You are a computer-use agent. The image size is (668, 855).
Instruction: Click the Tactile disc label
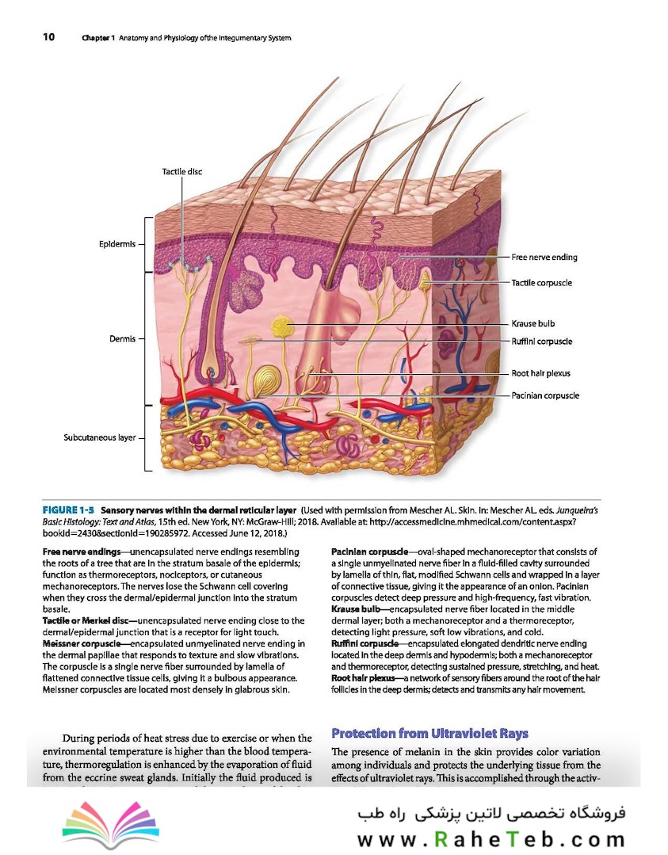click(181, 172)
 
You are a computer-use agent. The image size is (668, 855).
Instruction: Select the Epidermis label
click(117, 244)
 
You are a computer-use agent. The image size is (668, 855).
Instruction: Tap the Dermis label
click(122, 338)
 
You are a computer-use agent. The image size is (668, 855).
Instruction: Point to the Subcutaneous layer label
click(100, 437)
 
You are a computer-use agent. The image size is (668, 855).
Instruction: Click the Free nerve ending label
click(544, 258)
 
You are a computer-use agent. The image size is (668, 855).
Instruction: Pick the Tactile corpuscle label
click(541, 282)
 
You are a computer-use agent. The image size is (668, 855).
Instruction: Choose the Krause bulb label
click(532, 323)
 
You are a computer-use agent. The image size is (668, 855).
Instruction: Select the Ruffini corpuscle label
click(541, 342)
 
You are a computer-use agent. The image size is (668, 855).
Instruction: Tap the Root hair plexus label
click(540, 373)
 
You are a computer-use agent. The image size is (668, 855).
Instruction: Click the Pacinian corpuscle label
click(544, 395)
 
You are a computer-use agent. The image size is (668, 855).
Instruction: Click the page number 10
click(48, 37)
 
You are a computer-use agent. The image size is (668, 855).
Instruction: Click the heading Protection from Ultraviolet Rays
click(429, 734)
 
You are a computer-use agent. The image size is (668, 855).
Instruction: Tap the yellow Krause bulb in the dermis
click(282, 326)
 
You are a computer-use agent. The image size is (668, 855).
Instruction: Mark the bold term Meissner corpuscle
click(82, 643)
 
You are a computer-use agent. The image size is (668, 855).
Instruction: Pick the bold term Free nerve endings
click(82, 552)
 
